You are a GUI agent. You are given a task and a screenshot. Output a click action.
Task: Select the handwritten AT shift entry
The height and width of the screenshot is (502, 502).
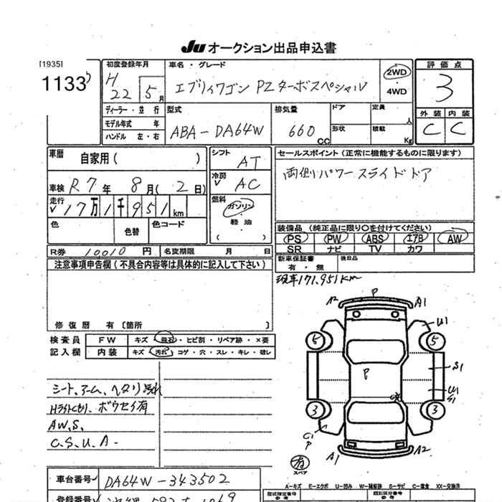(x=245, y=164)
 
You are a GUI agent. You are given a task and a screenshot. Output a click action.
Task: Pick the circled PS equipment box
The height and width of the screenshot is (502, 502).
(x=292, y=238)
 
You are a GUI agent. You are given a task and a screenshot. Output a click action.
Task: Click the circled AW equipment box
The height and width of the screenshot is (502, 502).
(x=451, y=238)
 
